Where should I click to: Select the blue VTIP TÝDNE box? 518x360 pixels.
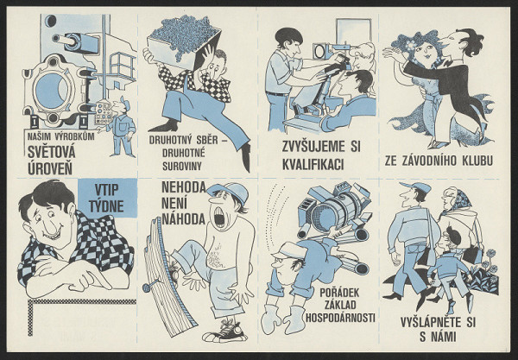[x=107, y=198]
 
